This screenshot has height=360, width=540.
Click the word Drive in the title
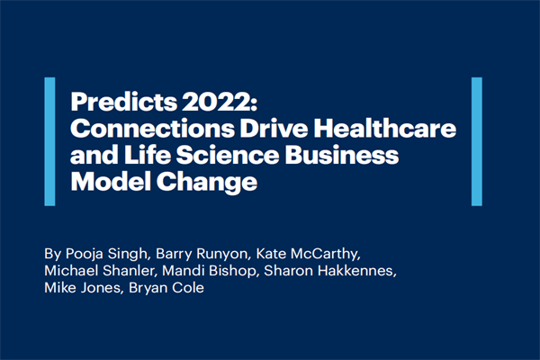(246, 128)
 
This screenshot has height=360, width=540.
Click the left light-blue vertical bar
(49, 142)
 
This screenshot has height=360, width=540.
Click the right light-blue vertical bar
(477, 142)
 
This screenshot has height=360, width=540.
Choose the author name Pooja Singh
(102, 254)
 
